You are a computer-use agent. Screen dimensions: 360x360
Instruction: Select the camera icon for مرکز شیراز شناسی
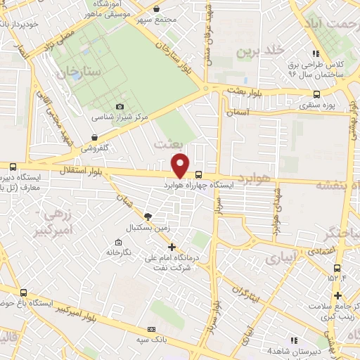tap(120, 106)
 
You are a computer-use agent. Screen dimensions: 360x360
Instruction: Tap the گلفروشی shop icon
tap(94, 138)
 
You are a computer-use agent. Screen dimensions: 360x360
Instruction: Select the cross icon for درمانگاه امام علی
tap(172, 247)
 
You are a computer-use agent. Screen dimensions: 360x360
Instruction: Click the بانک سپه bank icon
tap(150, 329)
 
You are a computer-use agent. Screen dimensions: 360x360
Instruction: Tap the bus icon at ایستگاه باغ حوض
tap(24, 292)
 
